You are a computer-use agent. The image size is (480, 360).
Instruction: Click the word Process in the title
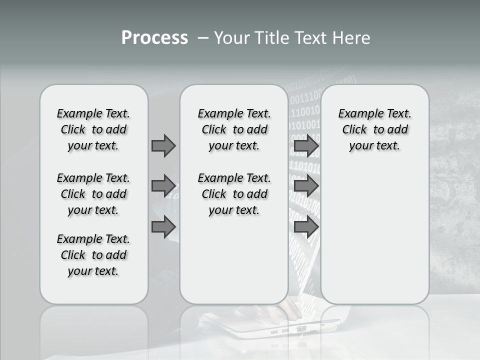point(154,38)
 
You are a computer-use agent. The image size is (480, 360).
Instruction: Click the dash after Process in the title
point(203,38)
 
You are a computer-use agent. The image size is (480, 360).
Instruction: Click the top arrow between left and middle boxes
point(163,145)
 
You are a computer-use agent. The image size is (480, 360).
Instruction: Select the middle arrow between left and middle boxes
point(163,186)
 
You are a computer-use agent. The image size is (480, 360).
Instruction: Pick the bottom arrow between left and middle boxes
point(163,227)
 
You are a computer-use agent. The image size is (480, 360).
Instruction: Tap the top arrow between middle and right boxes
point(306,145)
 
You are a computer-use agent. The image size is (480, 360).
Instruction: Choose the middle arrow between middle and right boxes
point(306,186)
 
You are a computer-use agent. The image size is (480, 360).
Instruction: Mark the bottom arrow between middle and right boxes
point(306,227)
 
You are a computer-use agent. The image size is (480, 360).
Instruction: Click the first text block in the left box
point(93,129)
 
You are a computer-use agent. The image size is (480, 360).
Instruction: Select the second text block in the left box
point(93,194)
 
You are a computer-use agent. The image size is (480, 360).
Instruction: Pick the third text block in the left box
point(93,255)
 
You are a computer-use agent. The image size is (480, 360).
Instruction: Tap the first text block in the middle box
point(234,129)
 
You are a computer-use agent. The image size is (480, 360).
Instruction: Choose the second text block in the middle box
point(234,194)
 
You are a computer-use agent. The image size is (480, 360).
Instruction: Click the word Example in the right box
point(358,114)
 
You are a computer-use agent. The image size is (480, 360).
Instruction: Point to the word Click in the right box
point(354,130)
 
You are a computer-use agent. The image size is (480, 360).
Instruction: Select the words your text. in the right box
point(374,146)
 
